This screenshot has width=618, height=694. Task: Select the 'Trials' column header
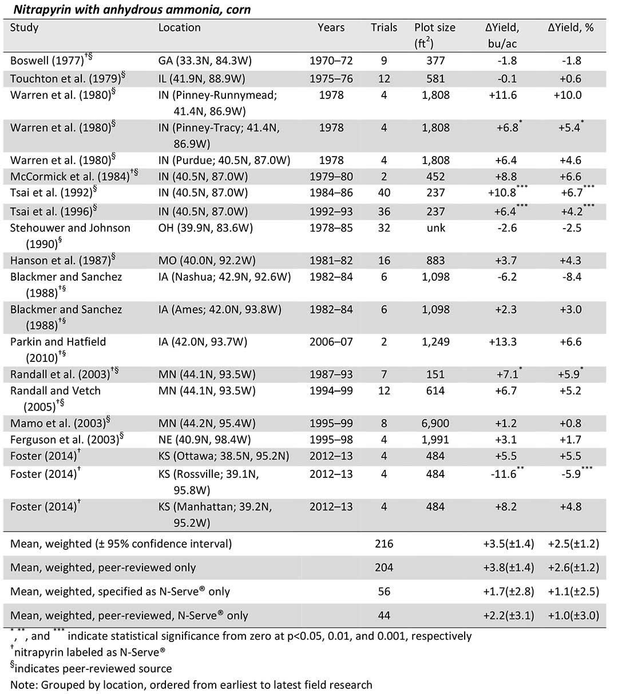(x=383, y=28)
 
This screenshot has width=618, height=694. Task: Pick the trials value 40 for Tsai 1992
(x=383, y=193)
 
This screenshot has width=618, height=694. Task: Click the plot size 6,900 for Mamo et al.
(x=435, y=424)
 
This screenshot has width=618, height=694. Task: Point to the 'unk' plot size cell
(x=435, y=228)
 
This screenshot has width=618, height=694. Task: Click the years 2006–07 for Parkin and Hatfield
(x=331, y=342)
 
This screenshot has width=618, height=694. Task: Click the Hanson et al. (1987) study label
(x=61, y=261)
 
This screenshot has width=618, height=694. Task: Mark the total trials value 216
(x=383, y=544)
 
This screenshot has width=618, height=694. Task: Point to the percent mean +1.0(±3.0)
(x=573, y=616)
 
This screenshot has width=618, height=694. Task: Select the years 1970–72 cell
(x=331, y=61)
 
